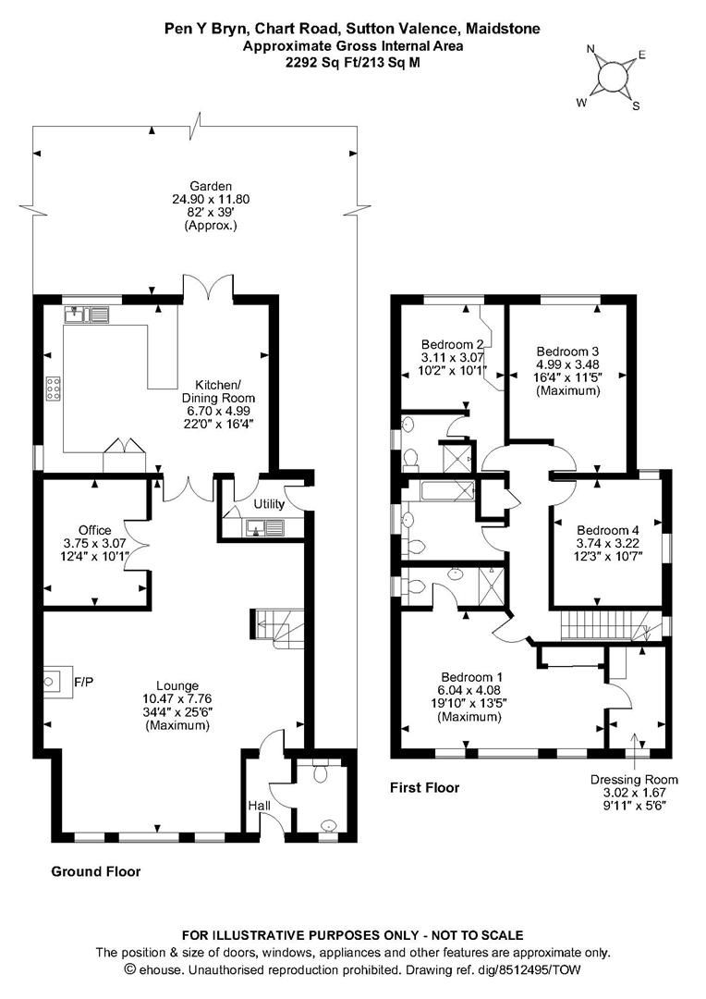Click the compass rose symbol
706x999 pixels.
[609, 74]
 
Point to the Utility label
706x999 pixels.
[269, 504]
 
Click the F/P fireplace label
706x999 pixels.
[84, 683]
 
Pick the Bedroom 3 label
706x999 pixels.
[568, 351]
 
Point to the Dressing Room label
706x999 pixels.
[635, 780]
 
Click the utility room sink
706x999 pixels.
[269, 528]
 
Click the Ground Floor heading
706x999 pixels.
[95, 871]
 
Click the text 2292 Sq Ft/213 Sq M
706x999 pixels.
[352, 61]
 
